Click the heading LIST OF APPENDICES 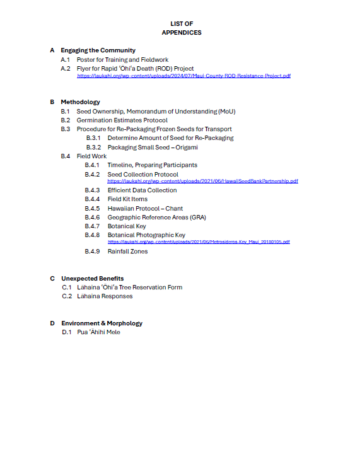(x=182, y=28)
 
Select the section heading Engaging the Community (x=98, y=50)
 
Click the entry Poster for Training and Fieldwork (x=122, y=60)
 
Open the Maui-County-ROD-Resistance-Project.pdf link (x=183, y=76)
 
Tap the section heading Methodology (x=80, y=102)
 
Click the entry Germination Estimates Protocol (x=122, y=120)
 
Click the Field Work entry (x=92, y=156)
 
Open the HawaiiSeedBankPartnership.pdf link (x=202, y=181)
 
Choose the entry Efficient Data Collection (x=142, y=190)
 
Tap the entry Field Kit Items (x=127, y=199)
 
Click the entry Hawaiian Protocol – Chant (x=145, y=208)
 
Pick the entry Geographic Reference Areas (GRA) (x=156, y=218)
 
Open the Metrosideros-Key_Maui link (x=199, y=241)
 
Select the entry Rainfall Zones (x=127, y=252)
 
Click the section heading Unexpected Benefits (x=92, y=278)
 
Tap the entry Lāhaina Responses (x=105, y=296)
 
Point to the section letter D (x=52, y=323)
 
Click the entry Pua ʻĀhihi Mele (x=98, y=332)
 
